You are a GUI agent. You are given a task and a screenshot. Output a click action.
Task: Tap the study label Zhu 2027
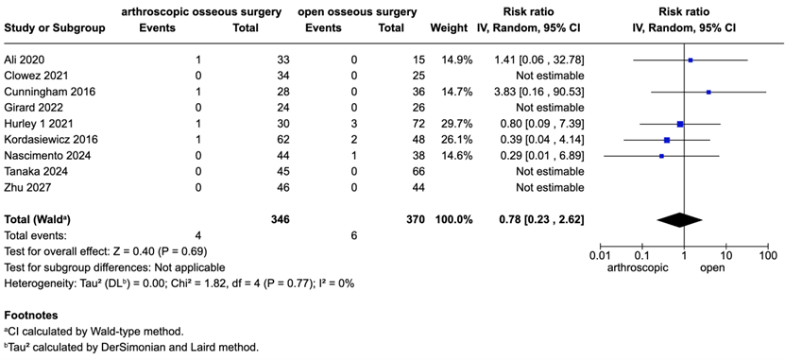26,188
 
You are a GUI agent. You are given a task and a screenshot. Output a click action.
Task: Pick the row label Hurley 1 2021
37,124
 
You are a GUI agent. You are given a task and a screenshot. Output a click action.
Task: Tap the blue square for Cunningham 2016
708,92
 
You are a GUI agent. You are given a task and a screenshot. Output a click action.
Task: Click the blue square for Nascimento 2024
661,156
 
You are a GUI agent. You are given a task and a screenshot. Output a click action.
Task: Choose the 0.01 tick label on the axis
598,256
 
